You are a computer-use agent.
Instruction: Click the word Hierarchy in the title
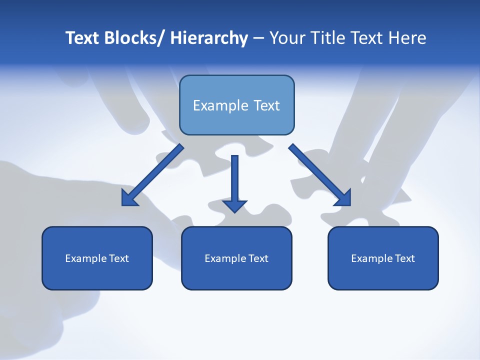[209, 38]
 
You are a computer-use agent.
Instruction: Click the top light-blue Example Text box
[236, 105]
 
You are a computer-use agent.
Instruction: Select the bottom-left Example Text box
[97, 258]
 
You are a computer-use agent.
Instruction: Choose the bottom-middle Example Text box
[236, 258]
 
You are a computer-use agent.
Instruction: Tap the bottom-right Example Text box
[383, 258]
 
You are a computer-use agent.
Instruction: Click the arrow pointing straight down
[234, 180]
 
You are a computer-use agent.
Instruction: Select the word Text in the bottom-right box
[404, 258]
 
